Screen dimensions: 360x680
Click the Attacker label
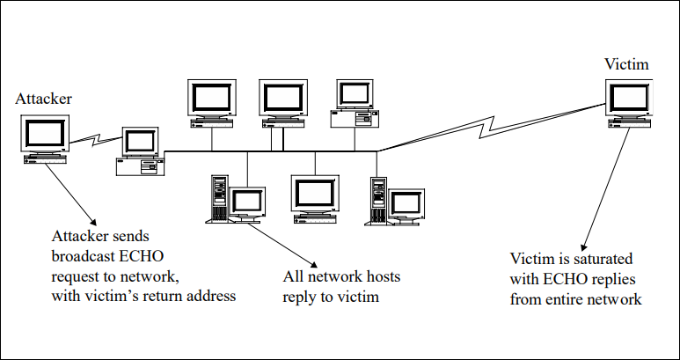[x=43, y=99]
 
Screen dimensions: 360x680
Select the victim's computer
[x=629, y=104]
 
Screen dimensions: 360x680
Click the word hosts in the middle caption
[x=381, y=277]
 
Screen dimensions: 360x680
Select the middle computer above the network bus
[x=282, y=100]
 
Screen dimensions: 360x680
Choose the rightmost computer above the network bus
[x=355, y=100]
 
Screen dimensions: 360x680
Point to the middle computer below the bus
[x=314, y=197]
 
